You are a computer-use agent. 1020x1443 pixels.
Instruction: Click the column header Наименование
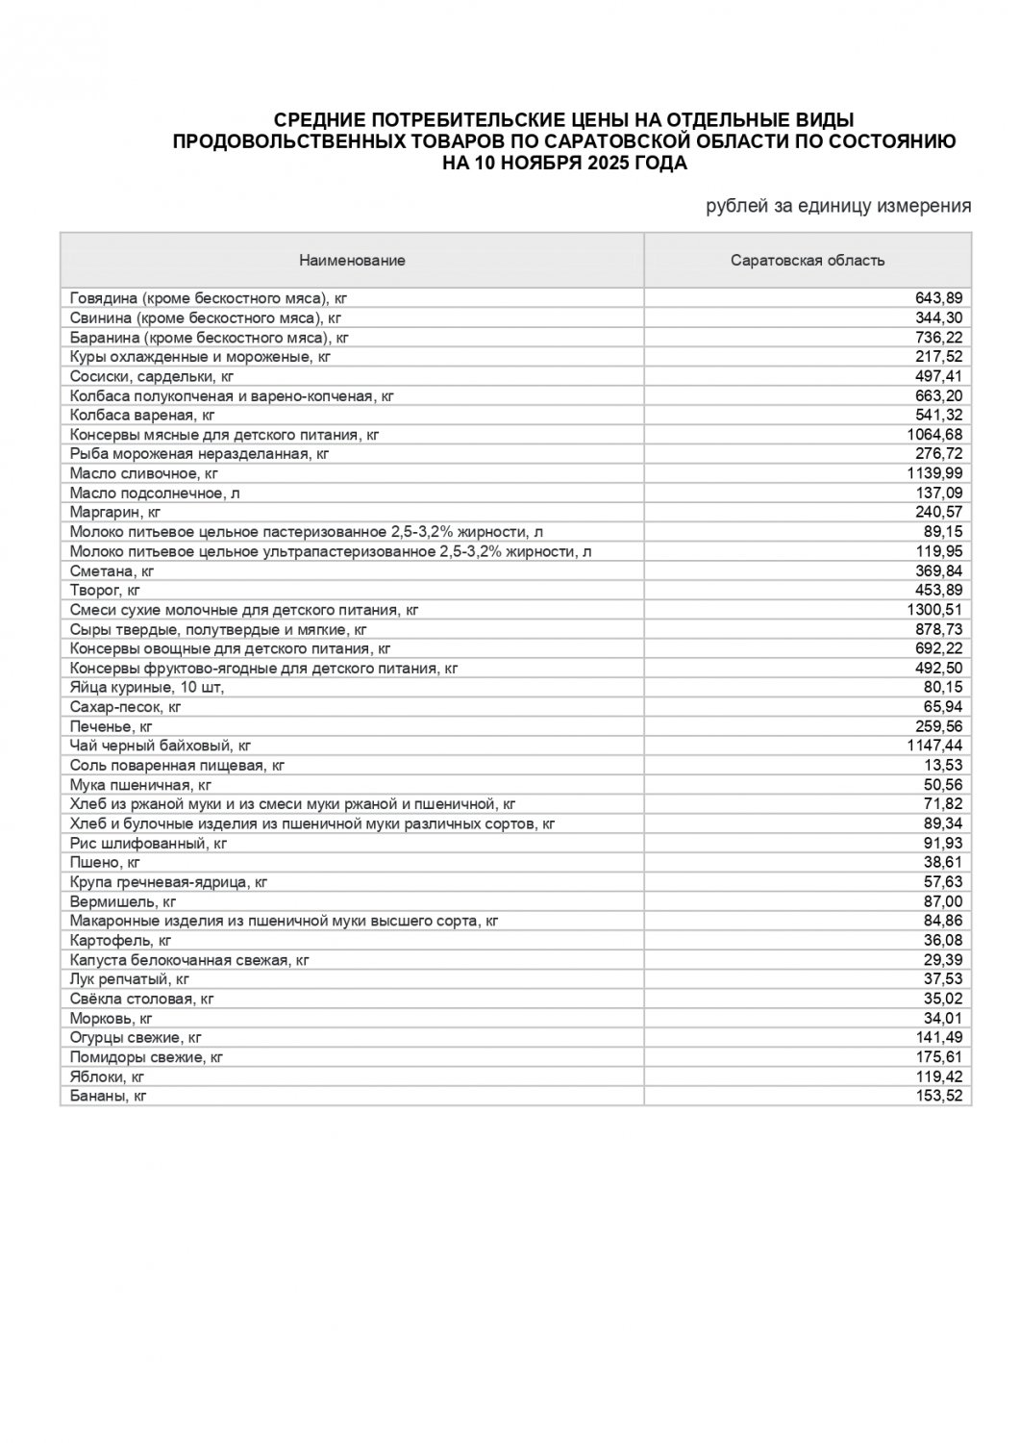click(x=352, y=261)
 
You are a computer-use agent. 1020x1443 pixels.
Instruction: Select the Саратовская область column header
click(x=808, y=261)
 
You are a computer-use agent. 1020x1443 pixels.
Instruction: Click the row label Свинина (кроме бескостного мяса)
click(x=206, y=317)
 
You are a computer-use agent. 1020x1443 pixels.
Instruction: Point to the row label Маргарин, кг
click(x=114, y=512)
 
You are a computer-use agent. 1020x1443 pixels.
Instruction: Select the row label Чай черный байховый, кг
click(x=160, y=746)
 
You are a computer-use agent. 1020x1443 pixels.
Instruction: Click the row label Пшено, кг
click(x=105, y=863)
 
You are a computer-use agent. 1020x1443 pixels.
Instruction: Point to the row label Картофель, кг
click(x=120, y=940)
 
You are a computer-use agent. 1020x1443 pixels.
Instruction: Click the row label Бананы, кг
click(x=108, y=1096)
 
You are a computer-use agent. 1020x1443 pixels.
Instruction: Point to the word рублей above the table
click(x=737, y=206)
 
